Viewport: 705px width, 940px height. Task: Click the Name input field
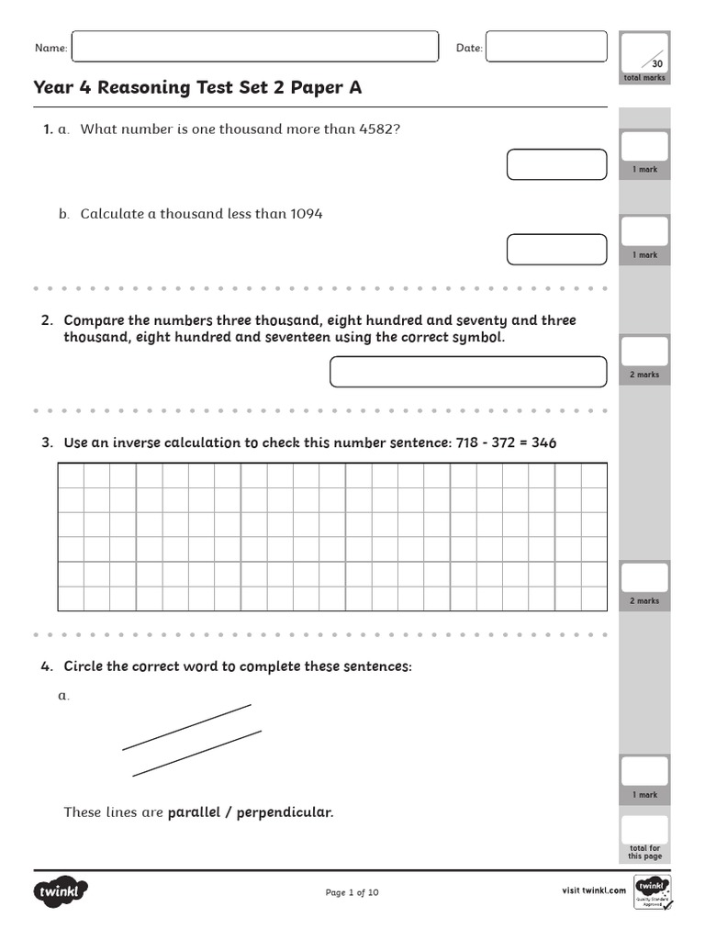coord(254,47)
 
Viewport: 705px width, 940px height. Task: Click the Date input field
coord(546,47)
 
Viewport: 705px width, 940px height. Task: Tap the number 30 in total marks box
coord(656,63)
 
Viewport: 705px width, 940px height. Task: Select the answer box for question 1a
coord(556,165)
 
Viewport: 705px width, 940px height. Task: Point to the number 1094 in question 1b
coord(306,214)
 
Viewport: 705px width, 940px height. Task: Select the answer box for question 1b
coord(556,250)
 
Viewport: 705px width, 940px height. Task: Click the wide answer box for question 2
coord(468,372)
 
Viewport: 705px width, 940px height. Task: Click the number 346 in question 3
coord(543,442)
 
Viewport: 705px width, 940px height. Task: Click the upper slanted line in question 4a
coord(186,727)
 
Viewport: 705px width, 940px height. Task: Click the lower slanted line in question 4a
coord(196,754)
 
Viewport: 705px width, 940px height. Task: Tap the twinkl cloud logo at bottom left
coord(62,890)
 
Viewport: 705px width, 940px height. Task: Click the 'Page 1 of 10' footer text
coord(352,892)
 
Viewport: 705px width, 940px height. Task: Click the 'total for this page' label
coord(644,852)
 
